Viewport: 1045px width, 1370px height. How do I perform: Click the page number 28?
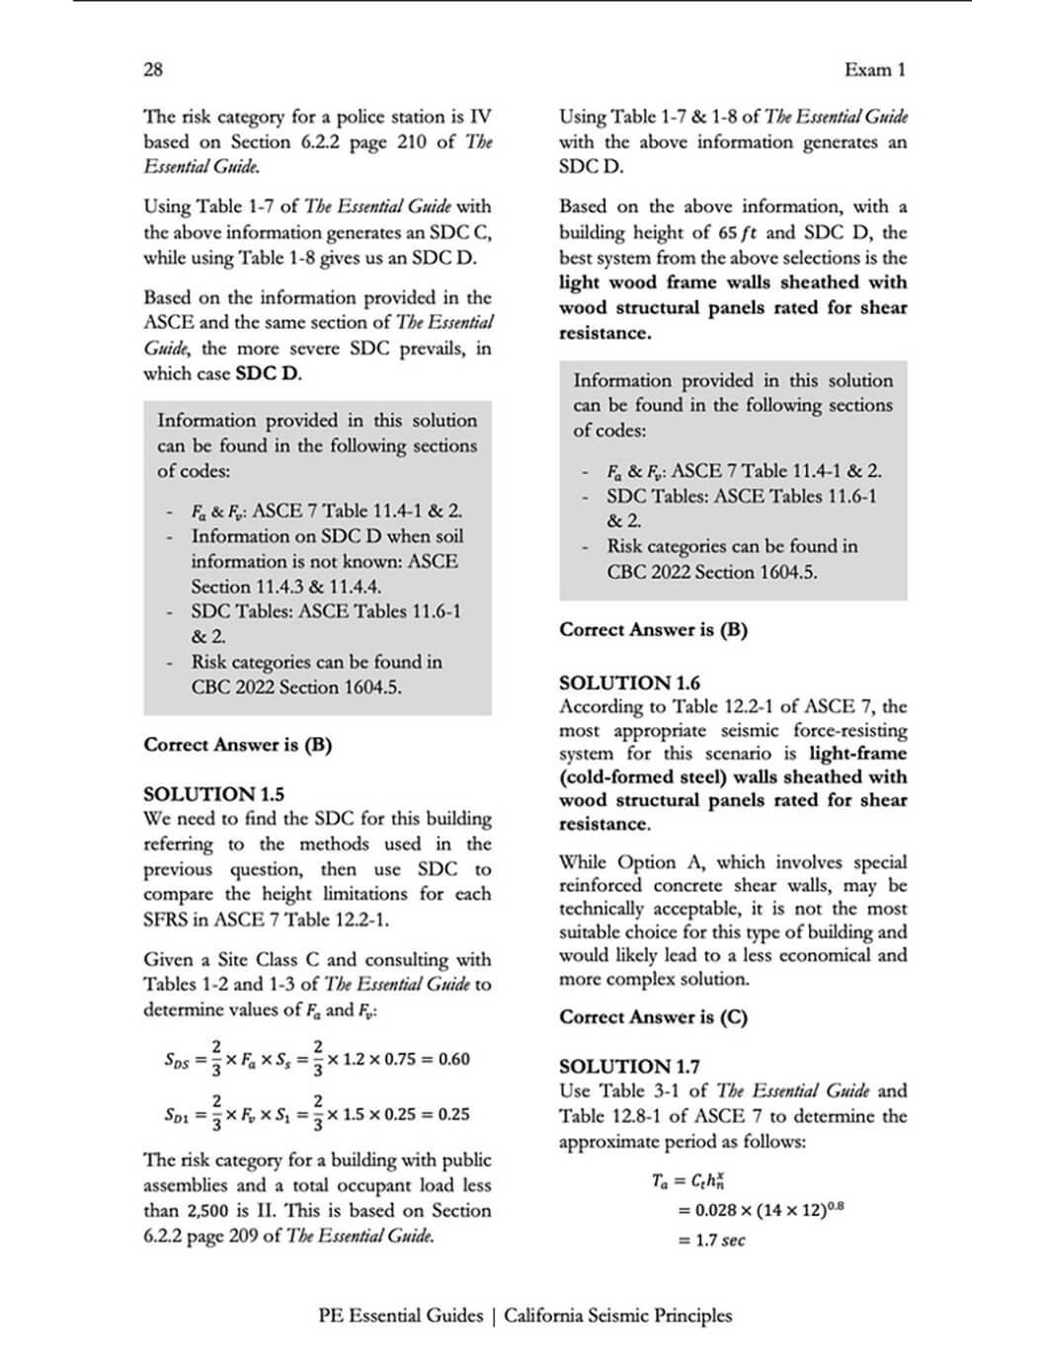point(153,69)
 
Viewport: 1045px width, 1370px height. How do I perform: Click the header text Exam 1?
point(874,69)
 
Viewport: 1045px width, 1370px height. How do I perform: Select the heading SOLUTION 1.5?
point(213,794)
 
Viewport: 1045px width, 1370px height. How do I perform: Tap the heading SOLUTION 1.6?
point(629,683)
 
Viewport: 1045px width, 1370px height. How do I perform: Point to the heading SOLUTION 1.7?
point(629,1067)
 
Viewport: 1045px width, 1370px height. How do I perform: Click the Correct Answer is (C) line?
point(653,1016)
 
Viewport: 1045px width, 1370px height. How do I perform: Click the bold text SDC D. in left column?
point(269,373)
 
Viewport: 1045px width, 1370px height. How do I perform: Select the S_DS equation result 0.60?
point(453,1060)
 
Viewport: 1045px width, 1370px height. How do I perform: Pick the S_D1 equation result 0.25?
point(453,1114)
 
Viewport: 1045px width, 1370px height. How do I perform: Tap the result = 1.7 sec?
point(711,1241)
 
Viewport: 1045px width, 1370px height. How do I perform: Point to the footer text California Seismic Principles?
point(618,1316)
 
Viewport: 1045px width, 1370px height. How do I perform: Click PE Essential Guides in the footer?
point(400,1316)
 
